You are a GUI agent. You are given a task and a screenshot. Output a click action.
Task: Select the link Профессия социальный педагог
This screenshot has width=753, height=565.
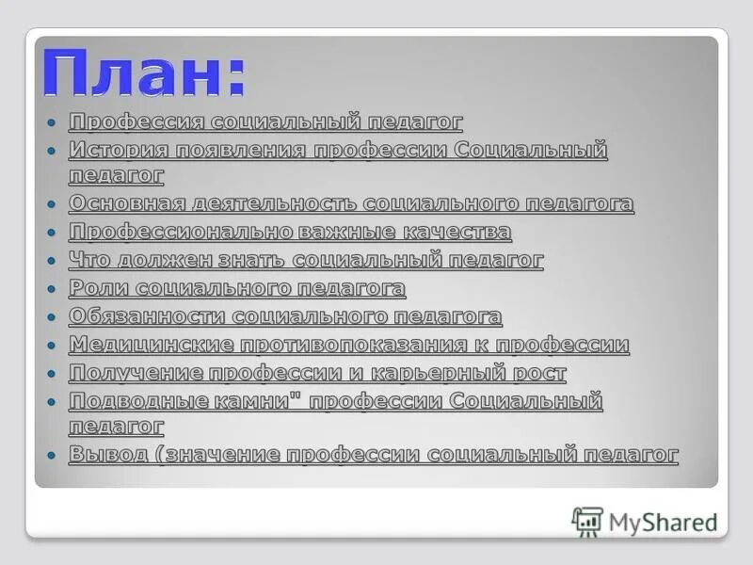point(265,121)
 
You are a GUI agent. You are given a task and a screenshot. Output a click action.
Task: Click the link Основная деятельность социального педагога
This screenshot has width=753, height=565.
point(351,203)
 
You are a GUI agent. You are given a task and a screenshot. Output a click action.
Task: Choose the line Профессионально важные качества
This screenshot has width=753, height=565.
point(290,232)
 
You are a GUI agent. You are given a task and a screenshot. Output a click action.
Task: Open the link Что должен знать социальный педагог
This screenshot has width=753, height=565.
point(306,260)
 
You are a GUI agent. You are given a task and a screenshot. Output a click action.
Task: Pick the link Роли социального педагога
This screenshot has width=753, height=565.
point(237,288)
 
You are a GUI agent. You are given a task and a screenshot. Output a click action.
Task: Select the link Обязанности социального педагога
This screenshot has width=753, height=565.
point(285,316)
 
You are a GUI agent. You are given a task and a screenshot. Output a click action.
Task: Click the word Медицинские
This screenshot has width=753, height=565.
point(150,345)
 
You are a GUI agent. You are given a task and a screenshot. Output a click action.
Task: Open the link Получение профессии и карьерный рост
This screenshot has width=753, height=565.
point(317,373)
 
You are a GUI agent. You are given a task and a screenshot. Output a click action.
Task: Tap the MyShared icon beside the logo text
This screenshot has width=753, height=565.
point(587,521)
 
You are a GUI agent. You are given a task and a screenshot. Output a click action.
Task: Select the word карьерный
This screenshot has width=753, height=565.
point(444,373)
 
